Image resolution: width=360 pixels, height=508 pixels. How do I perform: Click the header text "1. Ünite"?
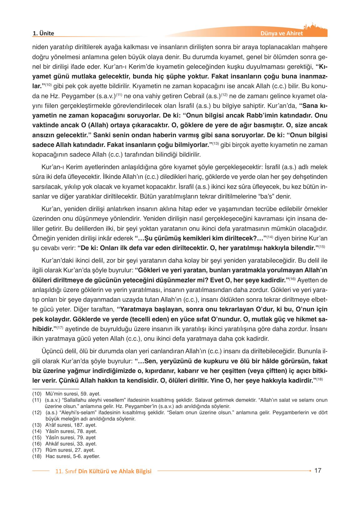(43, 33)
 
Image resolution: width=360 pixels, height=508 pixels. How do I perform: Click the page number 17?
(318, 470)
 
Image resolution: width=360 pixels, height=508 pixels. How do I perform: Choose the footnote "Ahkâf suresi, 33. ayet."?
(71, 444)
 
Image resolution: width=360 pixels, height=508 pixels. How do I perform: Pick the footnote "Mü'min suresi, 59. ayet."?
(73, 394)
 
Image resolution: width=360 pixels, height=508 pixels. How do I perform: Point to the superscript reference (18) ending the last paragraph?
(319, 379)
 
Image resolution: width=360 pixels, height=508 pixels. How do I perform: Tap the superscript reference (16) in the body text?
(292, 279)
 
